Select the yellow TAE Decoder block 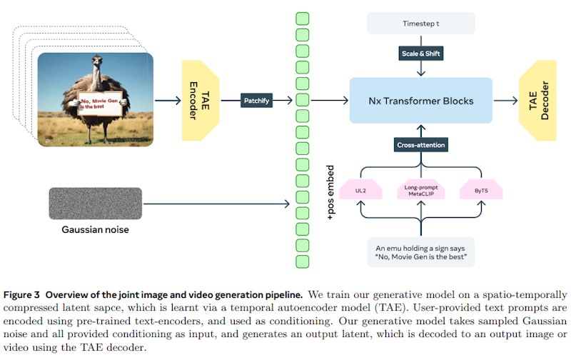coord(538,101)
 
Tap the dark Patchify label coord(256,101)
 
